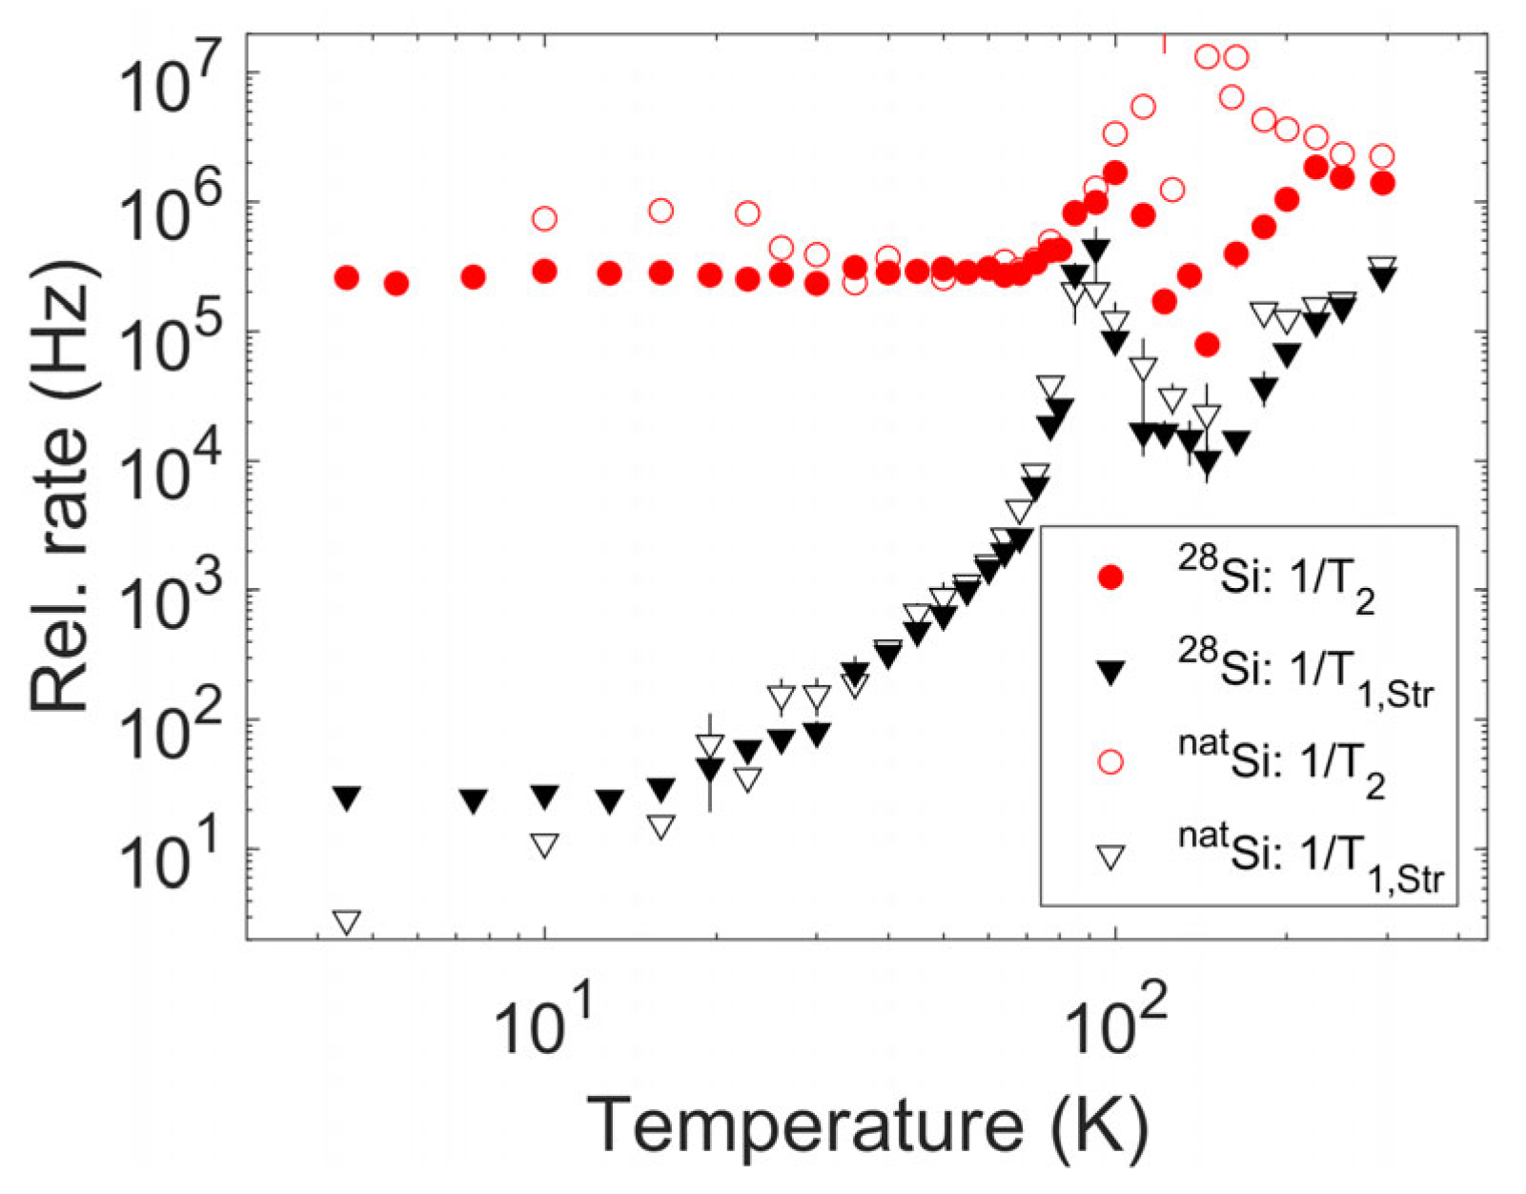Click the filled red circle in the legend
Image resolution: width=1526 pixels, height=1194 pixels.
[1110, 577]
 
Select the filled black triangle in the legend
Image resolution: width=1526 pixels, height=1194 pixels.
[1110, 671]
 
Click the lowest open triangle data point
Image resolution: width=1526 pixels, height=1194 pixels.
[347, 921]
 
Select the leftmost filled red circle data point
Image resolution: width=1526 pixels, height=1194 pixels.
[347, 278]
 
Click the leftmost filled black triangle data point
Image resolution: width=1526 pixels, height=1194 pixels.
[347, 798]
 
